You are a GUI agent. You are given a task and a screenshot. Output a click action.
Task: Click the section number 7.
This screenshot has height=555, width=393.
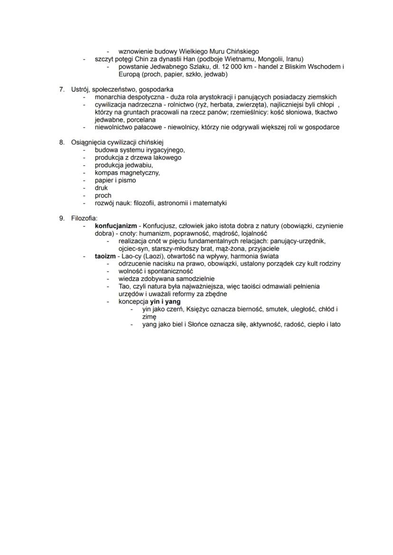click(x=61, y=89)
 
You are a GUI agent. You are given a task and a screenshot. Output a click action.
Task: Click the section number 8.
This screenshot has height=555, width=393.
click(x=61, y=142)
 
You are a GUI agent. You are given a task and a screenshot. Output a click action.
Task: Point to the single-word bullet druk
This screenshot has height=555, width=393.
click(x=101, y=188)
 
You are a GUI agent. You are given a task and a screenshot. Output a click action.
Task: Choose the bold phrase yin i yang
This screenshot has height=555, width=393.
click(x=165, y=302)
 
